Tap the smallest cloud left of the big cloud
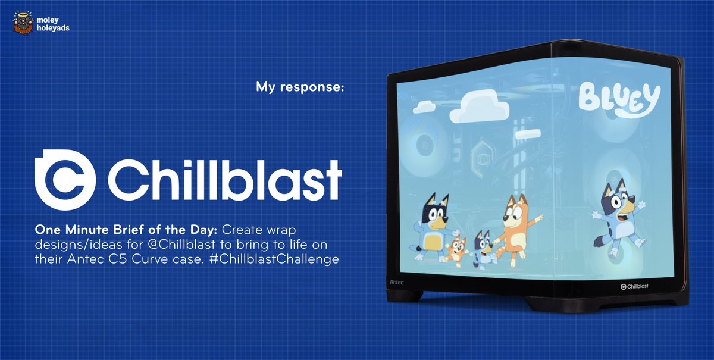(x=427, y=107)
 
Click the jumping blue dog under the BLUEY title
(x=616, y=214)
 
